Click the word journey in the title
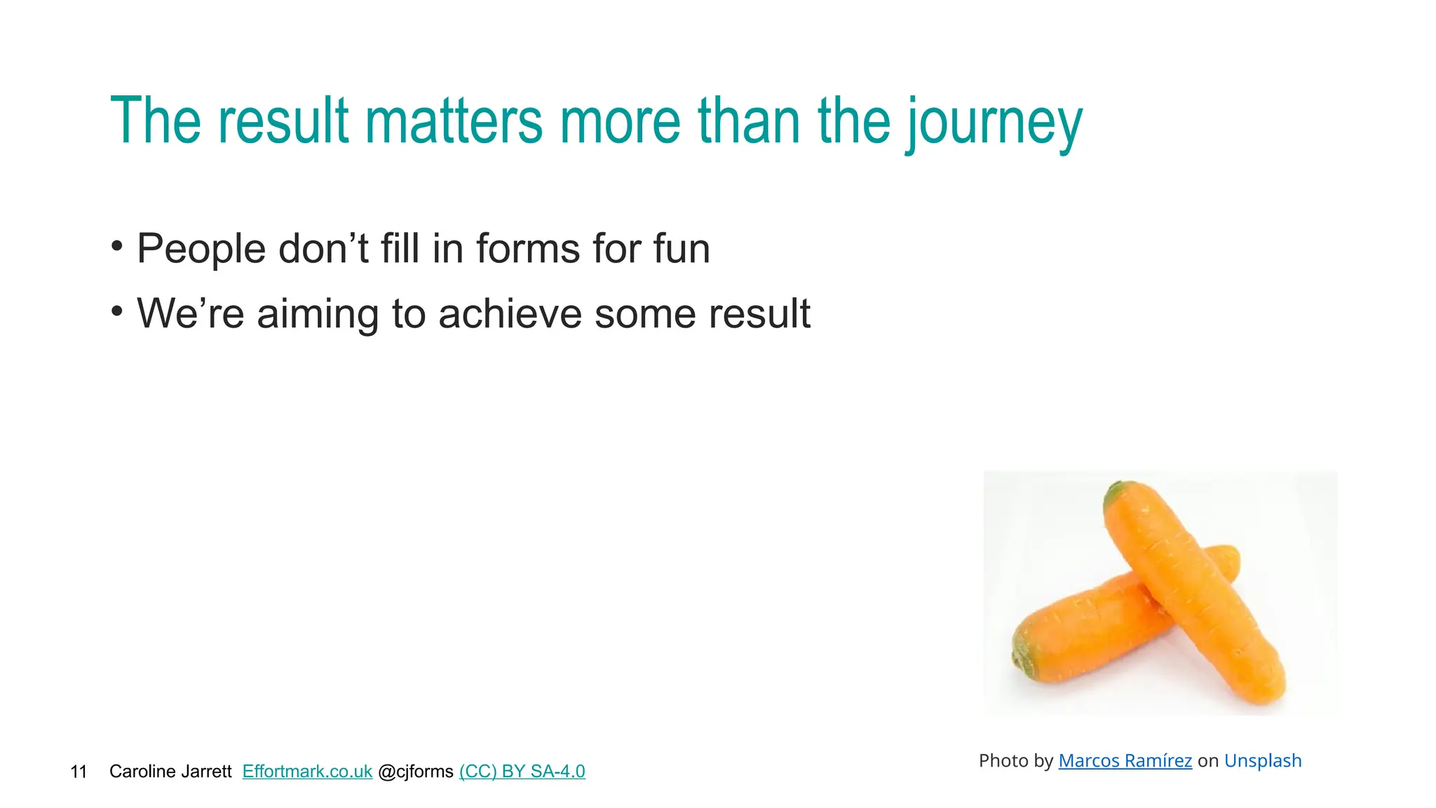point(994,122)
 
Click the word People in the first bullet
point(201,249)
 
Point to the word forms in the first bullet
point(528,249)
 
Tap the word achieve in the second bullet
point(510,314)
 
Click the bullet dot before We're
point(117,309)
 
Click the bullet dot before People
point(117,245)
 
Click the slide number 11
point(79,772)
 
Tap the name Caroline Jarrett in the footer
point(170,772)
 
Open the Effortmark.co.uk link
point(307,772)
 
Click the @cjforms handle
point(416,772)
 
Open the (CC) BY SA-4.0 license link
point(522,772)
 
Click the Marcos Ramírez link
point(1125,761)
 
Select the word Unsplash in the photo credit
point(1262,761)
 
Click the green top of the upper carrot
point(1116,492)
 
